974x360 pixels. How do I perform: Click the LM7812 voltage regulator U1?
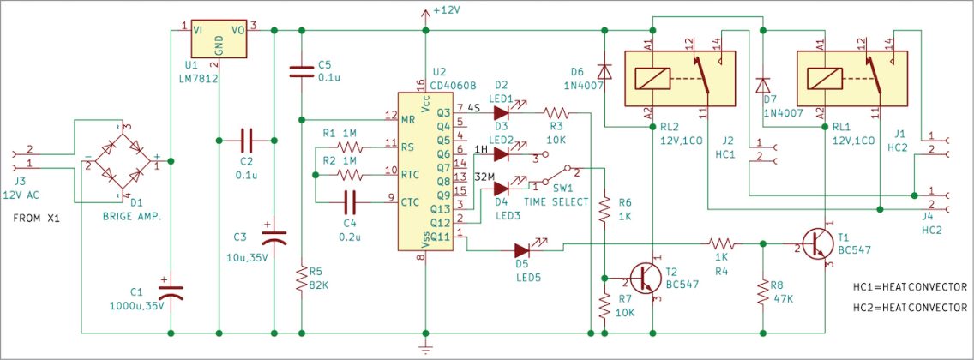[219, 39]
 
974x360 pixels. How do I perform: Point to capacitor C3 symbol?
[273, 233]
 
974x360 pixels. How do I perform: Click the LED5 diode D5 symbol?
[523, 251]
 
